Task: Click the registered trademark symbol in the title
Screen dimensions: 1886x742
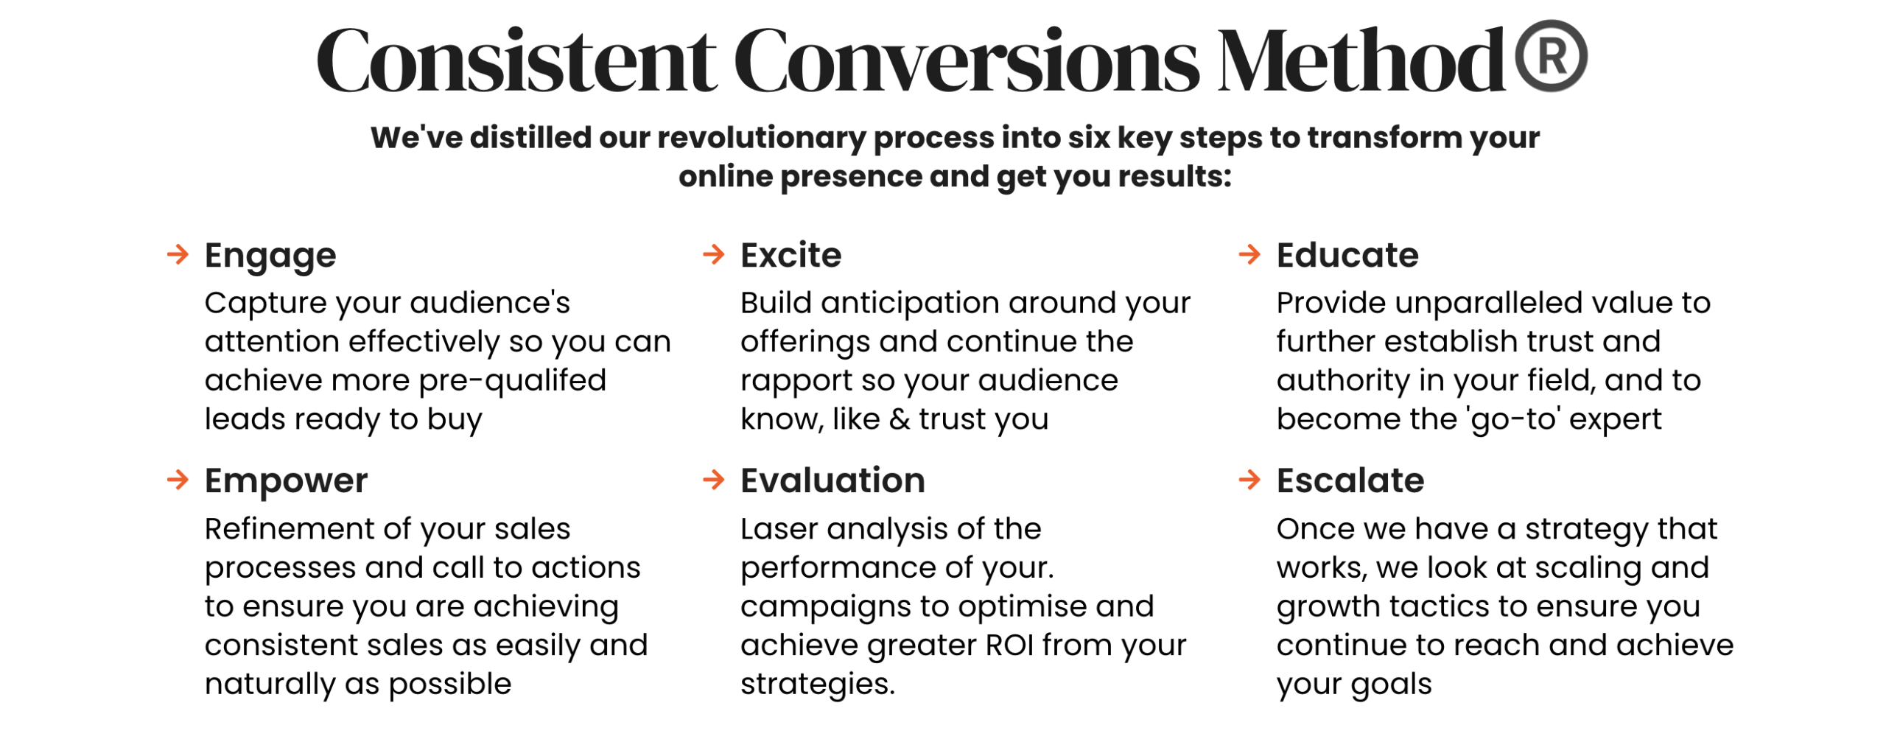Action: (x=1551, y=56)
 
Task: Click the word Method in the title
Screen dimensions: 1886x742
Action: (x=1361, y=60)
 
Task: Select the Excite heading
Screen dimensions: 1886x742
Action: (x=790, y=255)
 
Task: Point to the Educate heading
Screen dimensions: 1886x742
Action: (x=1347, y=255)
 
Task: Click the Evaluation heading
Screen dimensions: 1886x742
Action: (x=832, y=480)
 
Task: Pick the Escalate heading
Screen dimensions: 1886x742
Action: (x=1350, y=480)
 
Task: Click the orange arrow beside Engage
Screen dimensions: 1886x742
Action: (x=178, y=255)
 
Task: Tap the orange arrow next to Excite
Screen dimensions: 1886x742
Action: (x=714, y=255)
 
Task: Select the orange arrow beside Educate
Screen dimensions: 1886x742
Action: (x=1250, y=255)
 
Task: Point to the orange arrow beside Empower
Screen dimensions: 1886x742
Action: (x=178, y=480)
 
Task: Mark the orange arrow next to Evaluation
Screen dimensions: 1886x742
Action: (x=714, y=480)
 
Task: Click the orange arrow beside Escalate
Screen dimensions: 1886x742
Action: (x=1250, y=480)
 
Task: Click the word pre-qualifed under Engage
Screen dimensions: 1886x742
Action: (x=513, y=382)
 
